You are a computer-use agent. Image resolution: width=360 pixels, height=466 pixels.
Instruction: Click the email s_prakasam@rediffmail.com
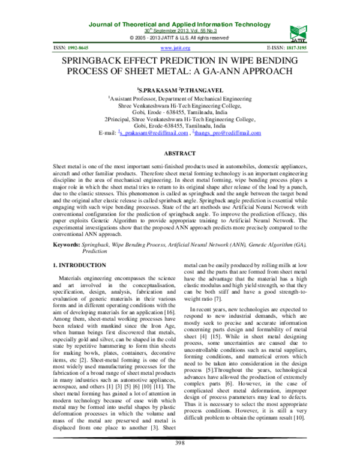click(152, 133)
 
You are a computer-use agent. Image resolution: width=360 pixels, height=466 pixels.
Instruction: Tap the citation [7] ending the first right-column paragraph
click(220, 315)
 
